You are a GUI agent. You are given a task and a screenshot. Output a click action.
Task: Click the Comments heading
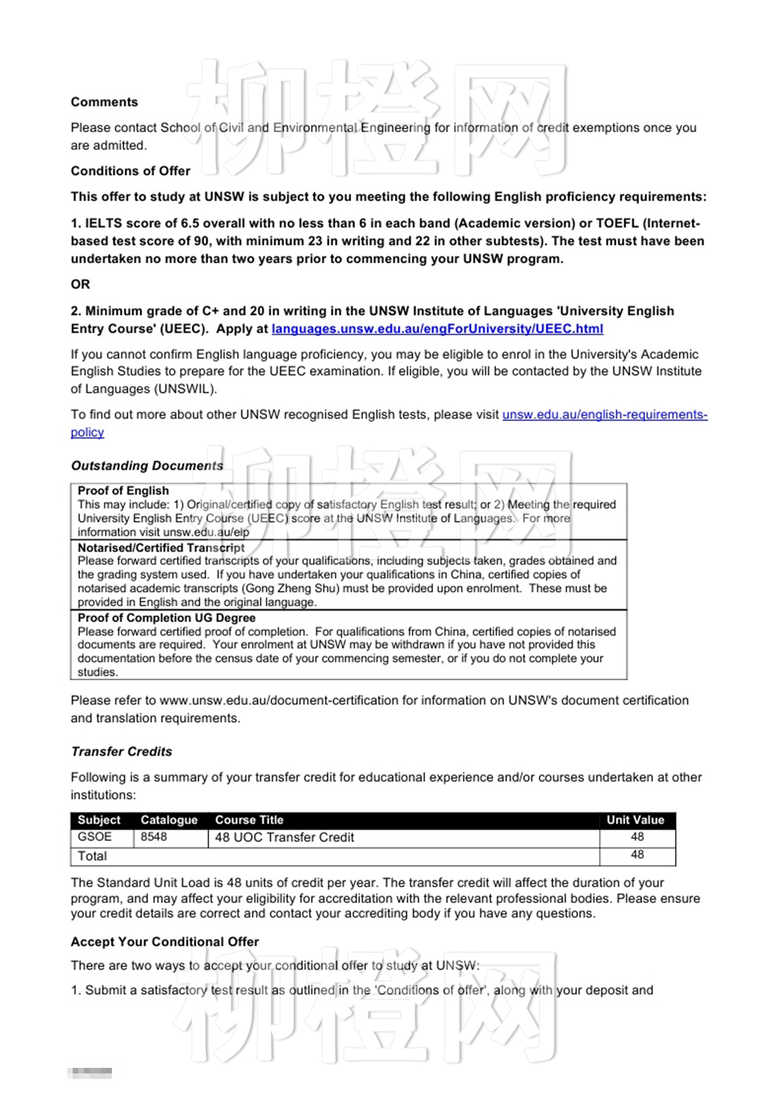click(x=104, y=102)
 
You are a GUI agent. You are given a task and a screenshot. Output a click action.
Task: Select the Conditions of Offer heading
click(x=130, y=171)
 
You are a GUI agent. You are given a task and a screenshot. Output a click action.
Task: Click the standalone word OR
click(x=80, y=284)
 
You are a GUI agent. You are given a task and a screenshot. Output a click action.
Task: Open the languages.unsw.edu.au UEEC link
click(x=437, y=329)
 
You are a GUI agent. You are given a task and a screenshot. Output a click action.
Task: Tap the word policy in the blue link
click(x=87, y=432)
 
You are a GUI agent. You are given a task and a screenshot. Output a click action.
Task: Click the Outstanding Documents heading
click(x=147, y=465)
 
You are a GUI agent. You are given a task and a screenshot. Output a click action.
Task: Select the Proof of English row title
click(x=123, y=490)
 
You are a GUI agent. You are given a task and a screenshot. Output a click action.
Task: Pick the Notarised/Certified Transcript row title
click(x=161, y=547)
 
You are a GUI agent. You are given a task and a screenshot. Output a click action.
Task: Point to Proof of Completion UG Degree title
click(x=166, y=617)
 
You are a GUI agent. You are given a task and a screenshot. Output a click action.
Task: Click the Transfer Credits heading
click(x=121, y=751)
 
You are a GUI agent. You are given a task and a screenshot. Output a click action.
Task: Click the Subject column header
click(x=99, y=820)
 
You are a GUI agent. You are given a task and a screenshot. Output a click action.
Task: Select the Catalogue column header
click(x=169, y=820)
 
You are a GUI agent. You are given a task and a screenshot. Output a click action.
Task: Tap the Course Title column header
click(x=249, y=820)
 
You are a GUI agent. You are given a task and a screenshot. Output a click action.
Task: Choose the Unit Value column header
click(x=635, y=820)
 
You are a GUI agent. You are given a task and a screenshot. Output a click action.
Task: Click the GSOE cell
click(x=95, y=836)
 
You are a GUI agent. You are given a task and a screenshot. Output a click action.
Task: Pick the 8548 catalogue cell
click(x=154, y=836)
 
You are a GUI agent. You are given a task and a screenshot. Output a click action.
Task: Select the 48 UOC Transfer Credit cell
click(x=284, y=837)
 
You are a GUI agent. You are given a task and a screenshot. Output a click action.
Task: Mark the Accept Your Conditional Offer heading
click(x=164, y=942)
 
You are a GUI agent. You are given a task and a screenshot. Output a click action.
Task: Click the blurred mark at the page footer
click(x=89, y=1073)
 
